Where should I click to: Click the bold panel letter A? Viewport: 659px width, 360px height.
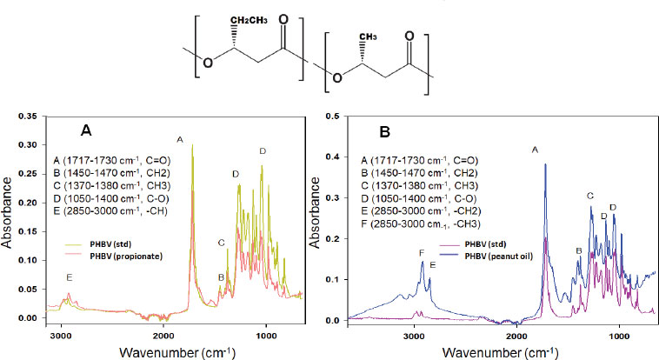[x=86, y=130]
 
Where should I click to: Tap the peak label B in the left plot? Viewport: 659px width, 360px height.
[x=221, y=277]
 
